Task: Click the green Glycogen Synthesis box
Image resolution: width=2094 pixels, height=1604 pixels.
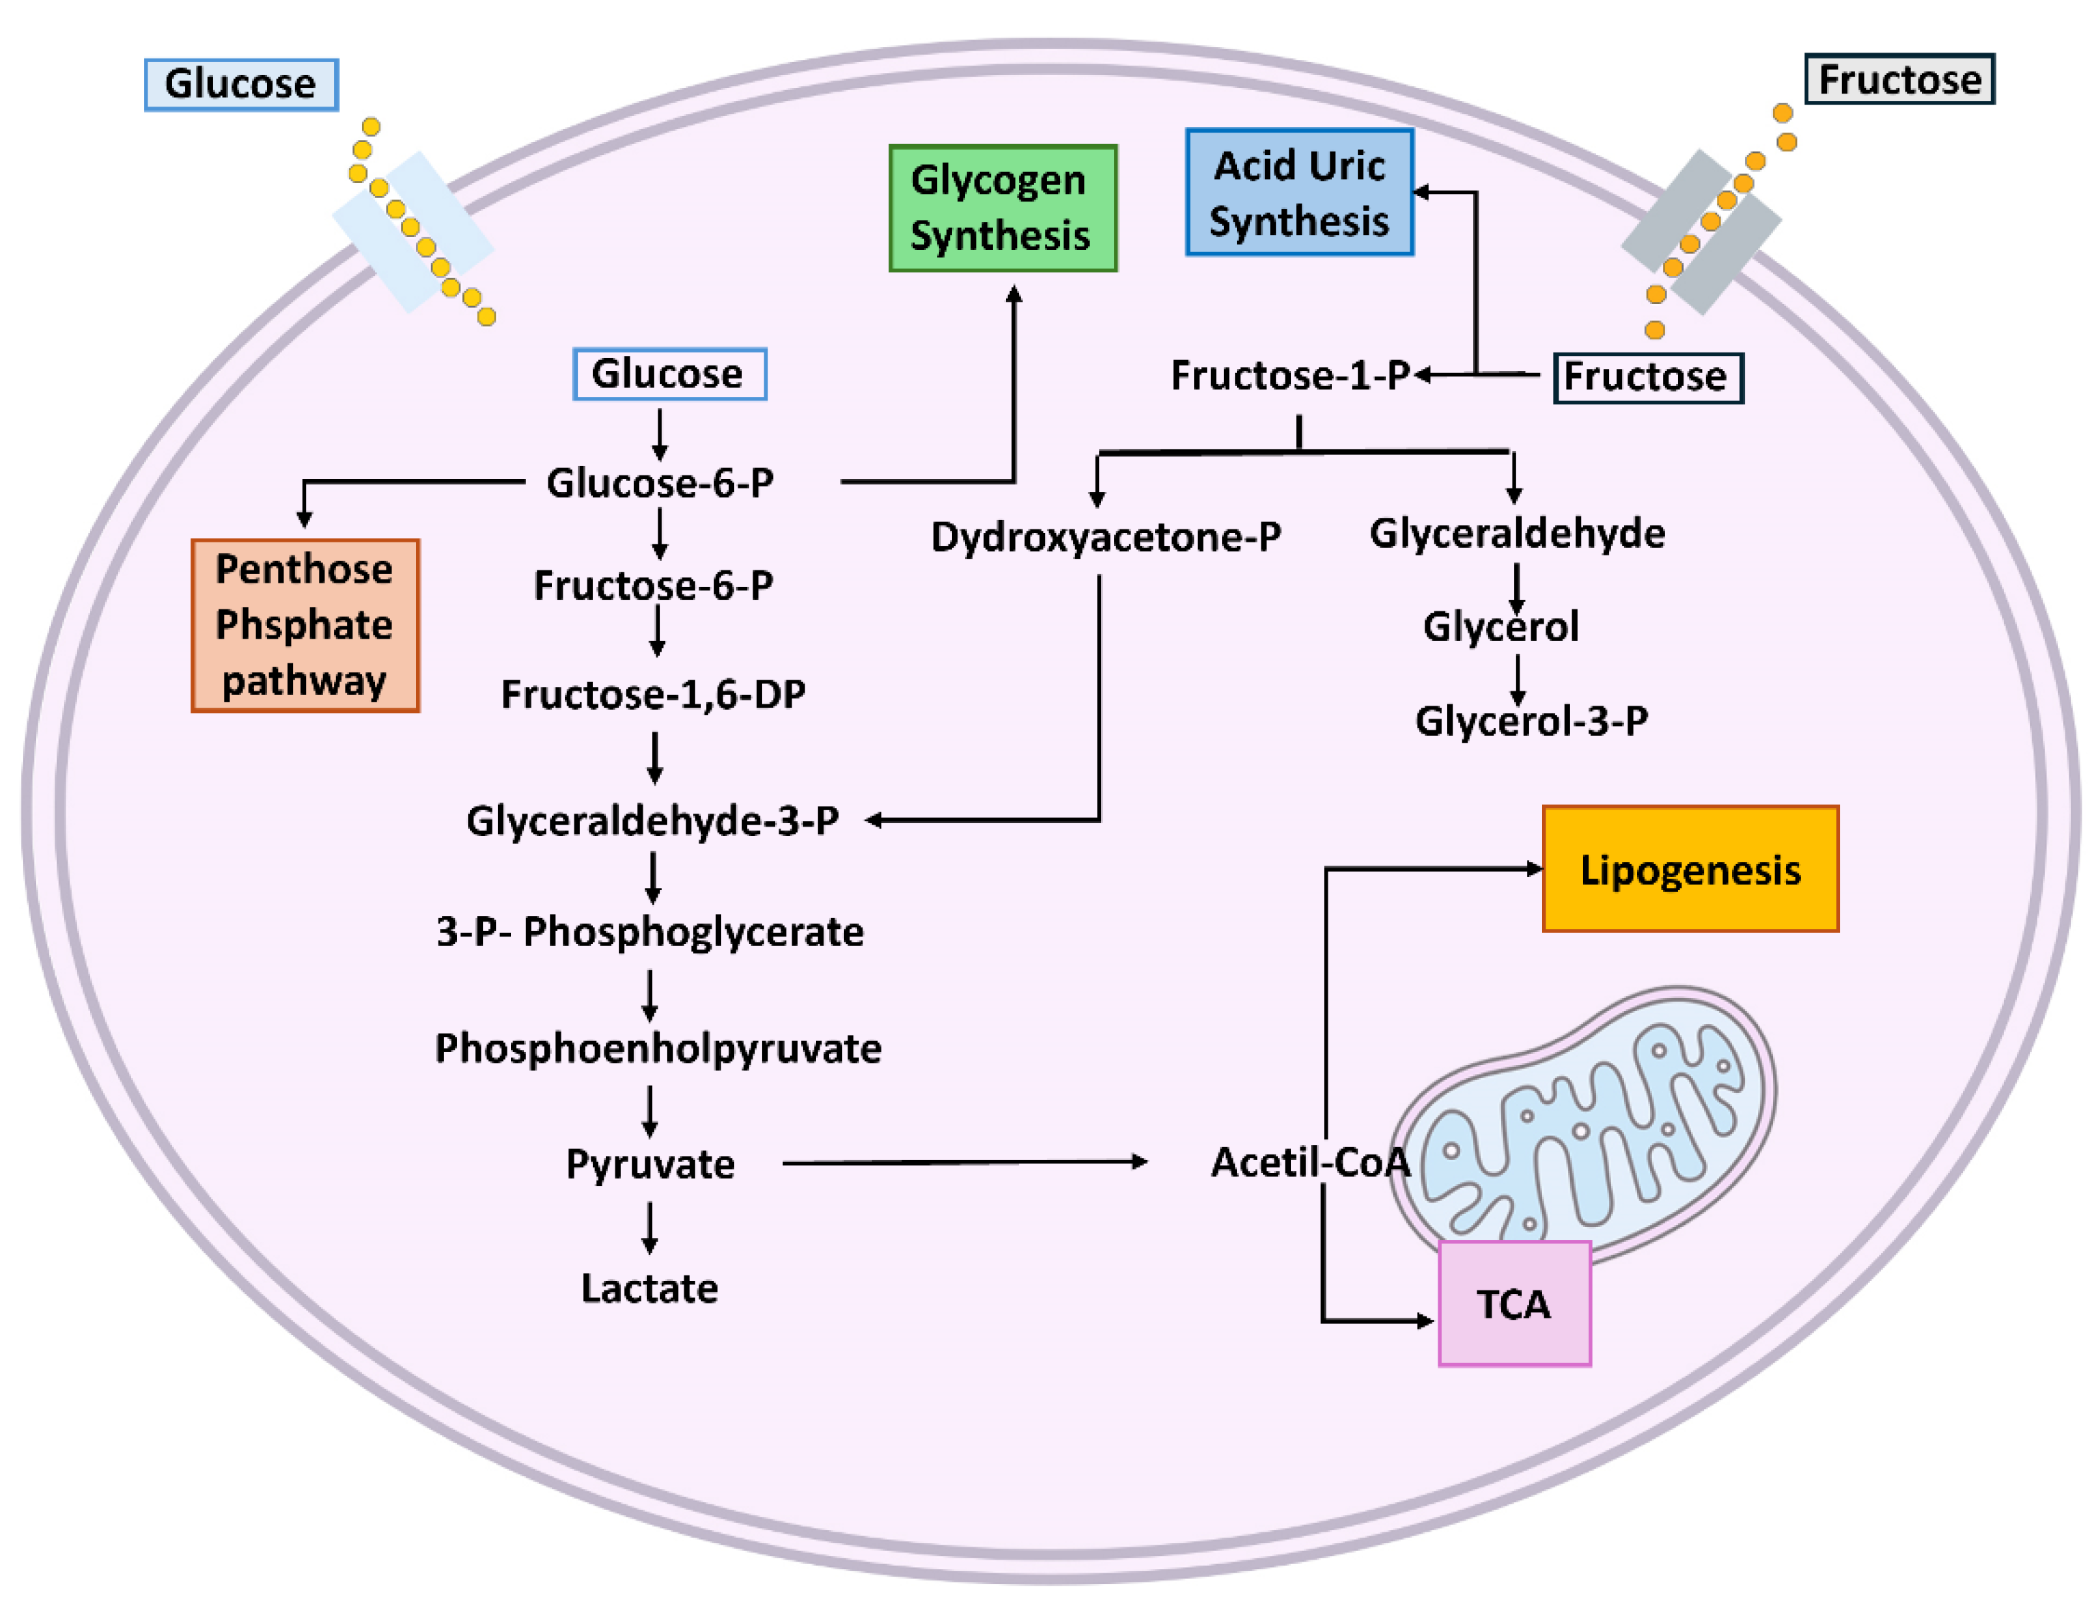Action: (1002, 208)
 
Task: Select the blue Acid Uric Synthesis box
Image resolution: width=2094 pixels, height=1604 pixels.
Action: (1299, 192)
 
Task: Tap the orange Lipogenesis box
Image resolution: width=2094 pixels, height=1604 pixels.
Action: (1689, 869)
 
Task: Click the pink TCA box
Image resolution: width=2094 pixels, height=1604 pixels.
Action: (1513, 1303)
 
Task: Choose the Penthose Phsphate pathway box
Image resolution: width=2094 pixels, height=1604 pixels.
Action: (305, 625)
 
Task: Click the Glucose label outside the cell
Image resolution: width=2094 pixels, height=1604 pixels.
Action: (240, 84)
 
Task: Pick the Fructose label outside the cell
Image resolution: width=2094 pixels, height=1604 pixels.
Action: (1899, 79)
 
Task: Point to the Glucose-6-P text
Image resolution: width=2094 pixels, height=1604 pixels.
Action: (660, 482)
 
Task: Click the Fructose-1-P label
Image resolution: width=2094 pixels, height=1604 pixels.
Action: (1289, 375)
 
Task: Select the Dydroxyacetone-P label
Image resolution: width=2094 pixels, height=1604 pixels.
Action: (1105, 536)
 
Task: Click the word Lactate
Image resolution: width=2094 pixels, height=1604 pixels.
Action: (649, 1288)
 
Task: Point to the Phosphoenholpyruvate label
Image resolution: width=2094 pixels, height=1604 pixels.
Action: (658, 1049)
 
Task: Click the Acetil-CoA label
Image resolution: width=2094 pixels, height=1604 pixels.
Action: (1309, 1162)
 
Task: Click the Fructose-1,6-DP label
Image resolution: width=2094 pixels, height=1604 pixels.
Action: (653, 694)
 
